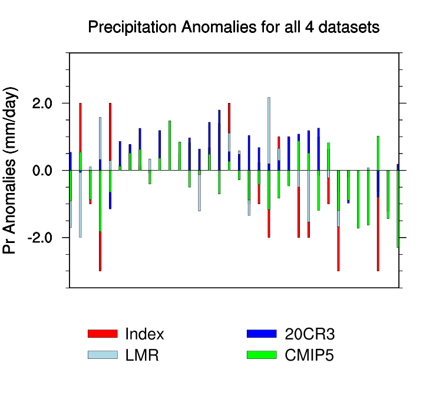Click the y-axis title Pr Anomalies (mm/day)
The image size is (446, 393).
pyautogui.click(x=11, y=170)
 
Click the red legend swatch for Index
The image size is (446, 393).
pyautogui.click(x=103, y=334)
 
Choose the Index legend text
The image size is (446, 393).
pyautogui.click(x=144, y=334)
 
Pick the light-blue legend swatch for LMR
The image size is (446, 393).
pyautogui.click(x=103, y=355)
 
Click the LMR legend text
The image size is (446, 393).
pyautogui.click(x=142, y=355)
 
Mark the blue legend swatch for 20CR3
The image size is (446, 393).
pyautogui.click(x=262, y=334)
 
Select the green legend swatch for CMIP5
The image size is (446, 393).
pyautogui.click(x=262, y=355)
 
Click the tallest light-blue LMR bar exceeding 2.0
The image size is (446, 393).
pyautogui.click(x=269, y=129)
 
